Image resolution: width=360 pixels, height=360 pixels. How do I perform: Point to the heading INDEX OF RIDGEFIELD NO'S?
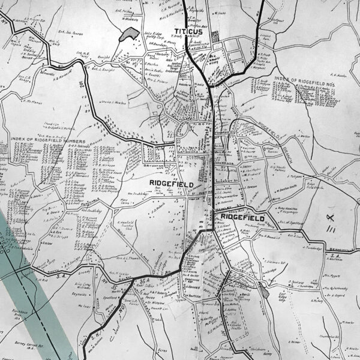click(x=305, y=79)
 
